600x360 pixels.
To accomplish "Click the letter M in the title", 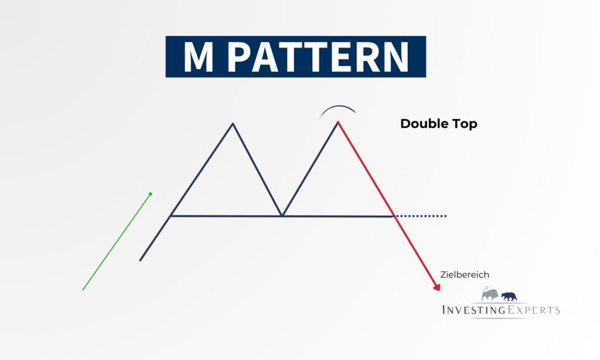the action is pyautogui.click(x=198, y=57).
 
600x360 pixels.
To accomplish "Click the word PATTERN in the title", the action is pyautogui.click(x=319, y=57).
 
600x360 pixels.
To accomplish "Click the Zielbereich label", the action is pyautogui.click(x=465, y=274).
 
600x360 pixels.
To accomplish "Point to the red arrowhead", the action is pyautogui.click(x=437, y=287).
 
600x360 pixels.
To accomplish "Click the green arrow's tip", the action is pyautogui.click(x=152, y=192).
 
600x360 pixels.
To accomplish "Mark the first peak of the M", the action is pyautogui.click(x=233, y=123).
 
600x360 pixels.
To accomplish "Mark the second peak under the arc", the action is pyautogui.click(x=338, y=122).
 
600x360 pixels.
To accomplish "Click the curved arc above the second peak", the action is pyautogui.click(x=338, y=106).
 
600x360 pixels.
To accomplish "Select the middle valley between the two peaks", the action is pyautogui.click(x=282, y=216).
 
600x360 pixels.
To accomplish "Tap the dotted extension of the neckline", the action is pyautogui.click(x=421, y=216).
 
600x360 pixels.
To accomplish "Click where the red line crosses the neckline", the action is pyautogui.click(x=394, y=216).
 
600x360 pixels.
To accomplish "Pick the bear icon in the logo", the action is pyautogui.click(x=509, y=296).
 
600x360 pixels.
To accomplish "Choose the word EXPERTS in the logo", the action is pyautogui.click(x=533, y=310).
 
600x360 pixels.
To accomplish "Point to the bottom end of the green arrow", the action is pyautogui.click(x=83, y=290).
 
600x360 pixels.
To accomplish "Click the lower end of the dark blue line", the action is pyautogui.click(x=140, y=260).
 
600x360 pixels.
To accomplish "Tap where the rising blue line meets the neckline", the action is pyautogui.click(x=171, y=216).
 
